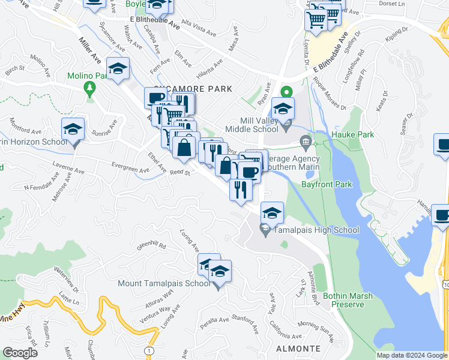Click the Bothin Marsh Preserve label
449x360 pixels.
tap(348, 300)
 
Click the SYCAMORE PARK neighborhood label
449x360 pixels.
tap(200, 89)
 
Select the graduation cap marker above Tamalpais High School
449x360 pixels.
tap(272, 214)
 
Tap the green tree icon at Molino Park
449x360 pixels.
tap(91, 89)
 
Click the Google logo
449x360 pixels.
tap(20, 353)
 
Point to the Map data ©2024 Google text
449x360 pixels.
tap(412, 355)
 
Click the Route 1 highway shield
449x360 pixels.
tap(148, 350)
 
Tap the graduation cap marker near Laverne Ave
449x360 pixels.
tap(73, 130)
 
